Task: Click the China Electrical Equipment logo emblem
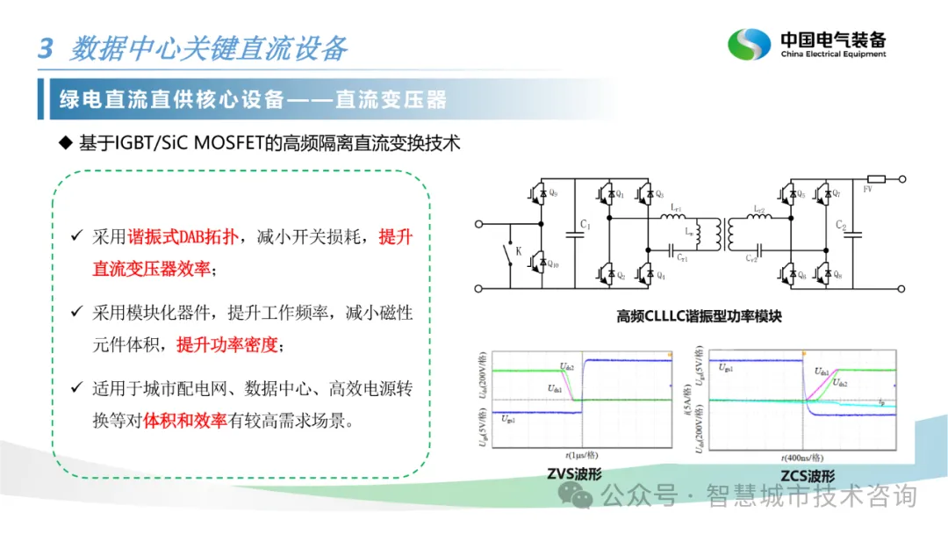tap(750, 45)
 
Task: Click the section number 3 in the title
tap(46, 47)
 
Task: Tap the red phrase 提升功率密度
tap(226, 345)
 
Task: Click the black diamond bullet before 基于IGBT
tap(63, 143)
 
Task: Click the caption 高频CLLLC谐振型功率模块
tap(699, 316)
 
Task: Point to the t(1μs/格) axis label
tap(580, 456)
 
